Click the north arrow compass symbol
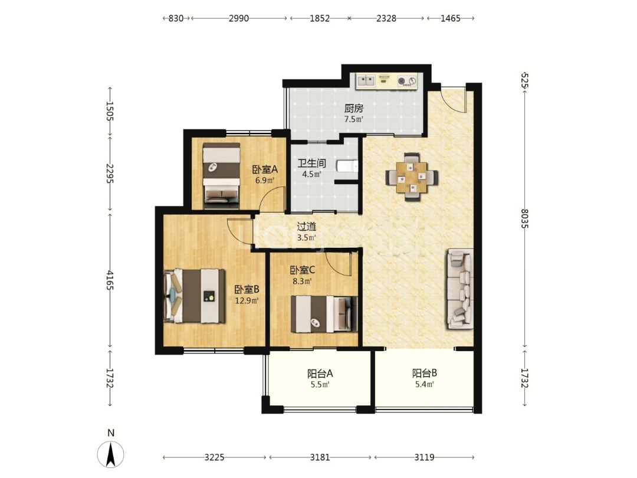click(110, 454)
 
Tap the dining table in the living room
click(412, 177)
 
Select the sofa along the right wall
click(461, 289)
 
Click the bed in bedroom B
click(194, 296)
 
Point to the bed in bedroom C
click(324, 314)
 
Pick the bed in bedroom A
click(221, 175)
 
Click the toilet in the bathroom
click(347, 166)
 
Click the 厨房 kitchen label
click(353, 109)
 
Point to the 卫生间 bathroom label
click(311, 163)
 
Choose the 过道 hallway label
click(306, 227)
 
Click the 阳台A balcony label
click(320, 373)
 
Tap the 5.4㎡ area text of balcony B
click(425, 384)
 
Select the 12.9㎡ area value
click(247, 300)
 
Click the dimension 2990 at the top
click(238, 18)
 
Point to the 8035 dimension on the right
click(525, 218)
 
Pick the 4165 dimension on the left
click(110, 280)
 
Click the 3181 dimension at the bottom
click(320, 457)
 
